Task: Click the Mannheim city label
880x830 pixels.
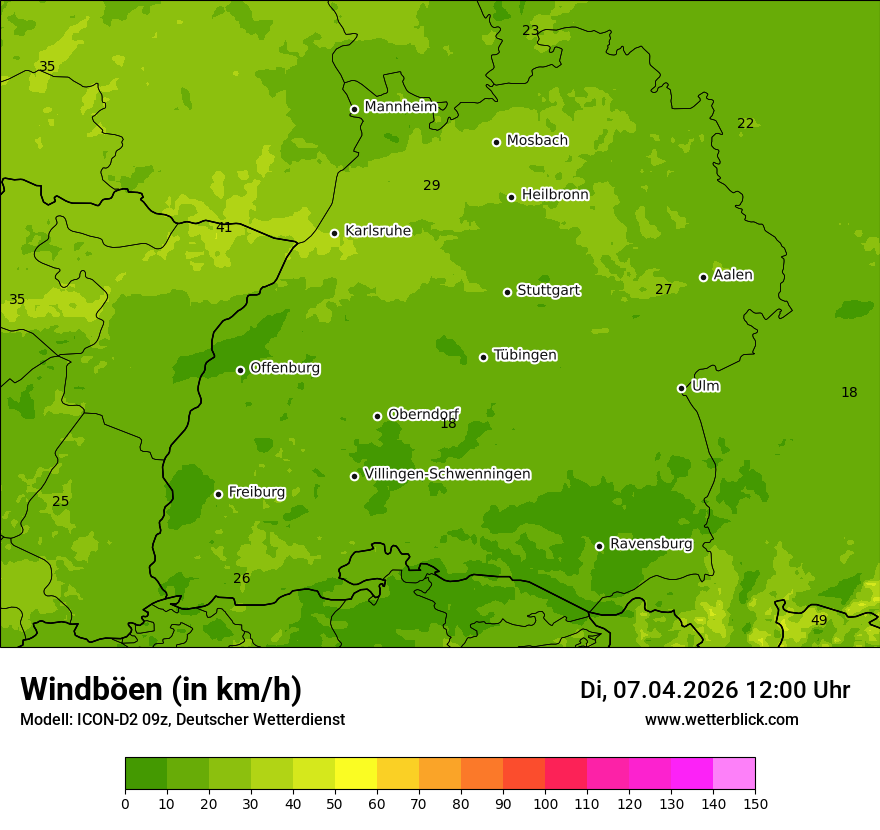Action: tap(400, 107)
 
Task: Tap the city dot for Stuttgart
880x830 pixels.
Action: tap(507, 292)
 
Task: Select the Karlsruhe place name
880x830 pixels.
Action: tap(377, 231)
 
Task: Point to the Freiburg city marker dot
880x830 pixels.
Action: tap(218, 494)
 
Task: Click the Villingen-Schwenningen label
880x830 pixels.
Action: tap(447, 474)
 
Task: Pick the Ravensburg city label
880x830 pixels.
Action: tap(650, 544)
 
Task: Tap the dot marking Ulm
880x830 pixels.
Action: tap(681, 388)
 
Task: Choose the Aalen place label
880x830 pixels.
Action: tap(732, 275)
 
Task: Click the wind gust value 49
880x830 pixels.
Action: tap(818, 621)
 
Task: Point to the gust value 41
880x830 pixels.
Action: tap(224, 228)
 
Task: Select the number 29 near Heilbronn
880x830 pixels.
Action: tap(431, 186)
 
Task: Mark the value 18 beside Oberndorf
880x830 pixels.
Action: tap(448, 424)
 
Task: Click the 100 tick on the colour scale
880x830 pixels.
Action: tap(545, 803)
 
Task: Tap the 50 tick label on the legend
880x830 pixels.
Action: tap(335, 803)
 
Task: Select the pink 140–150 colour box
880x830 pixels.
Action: tap(733, 774)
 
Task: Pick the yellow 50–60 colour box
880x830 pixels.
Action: tap(356, 774)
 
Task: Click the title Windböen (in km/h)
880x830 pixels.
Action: tap(161, 689)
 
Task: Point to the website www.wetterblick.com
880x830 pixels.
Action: tap(721, 720)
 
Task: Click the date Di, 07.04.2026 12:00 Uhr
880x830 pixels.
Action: tap(714, 690)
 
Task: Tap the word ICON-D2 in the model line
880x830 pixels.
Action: tap(103, 720)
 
